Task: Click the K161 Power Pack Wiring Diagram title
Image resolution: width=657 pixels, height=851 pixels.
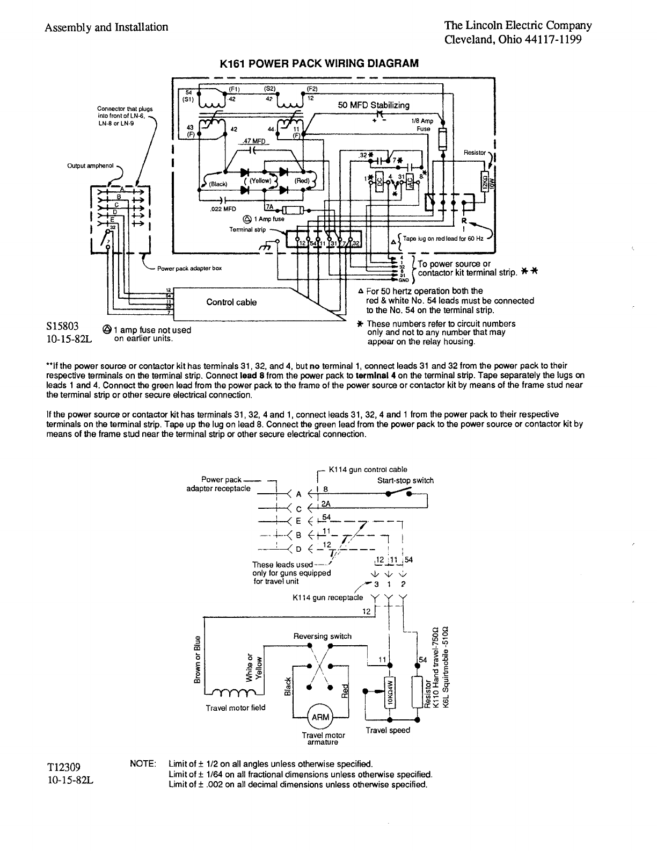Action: [x=319, y=63]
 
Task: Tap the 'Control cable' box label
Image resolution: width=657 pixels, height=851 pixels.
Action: [x=231, y=302]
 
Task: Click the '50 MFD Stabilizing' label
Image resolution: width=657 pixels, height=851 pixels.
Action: [x=374, y=105]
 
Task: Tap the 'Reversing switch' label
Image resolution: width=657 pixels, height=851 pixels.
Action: [x=322, y=636]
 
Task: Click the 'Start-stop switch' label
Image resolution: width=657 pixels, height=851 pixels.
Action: [x=405, y=480]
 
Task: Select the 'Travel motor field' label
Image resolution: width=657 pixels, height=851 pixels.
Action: [x=236, y=708]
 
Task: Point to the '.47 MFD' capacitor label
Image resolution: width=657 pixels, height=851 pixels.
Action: [x=253, y=141]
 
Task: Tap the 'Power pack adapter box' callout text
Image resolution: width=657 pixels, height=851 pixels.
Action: [x=189, y=268]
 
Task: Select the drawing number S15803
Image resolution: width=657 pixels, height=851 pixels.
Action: [x=63, y=326]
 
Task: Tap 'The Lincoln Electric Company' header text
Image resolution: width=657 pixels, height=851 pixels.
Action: [x=518, y=25]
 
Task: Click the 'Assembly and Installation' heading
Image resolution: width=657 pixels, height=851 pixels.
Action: [x=106, y=27]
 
